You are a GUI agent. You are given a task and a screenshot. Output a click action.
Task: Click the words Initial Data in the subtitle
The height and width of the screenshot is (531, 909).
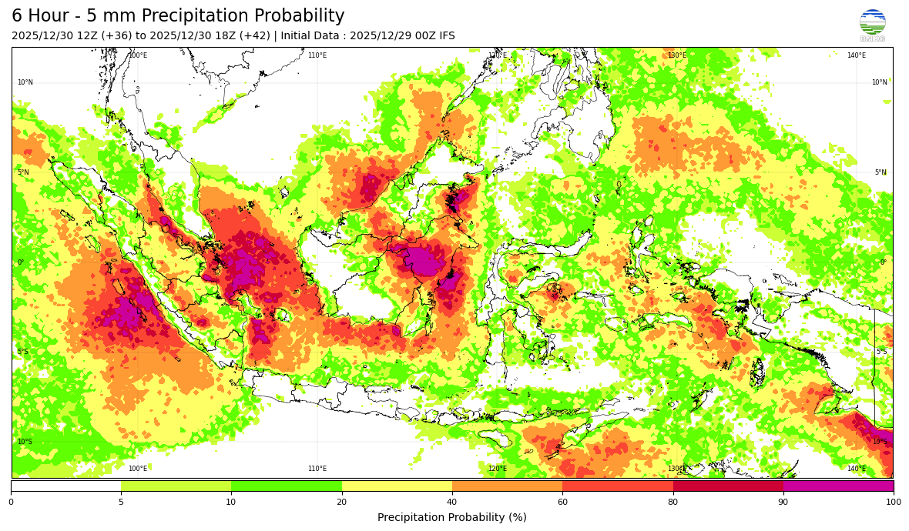(314, 36)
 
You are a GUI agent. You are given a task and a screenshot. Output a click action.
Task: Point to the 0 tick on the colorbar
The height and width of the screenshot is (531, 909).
(11, 502)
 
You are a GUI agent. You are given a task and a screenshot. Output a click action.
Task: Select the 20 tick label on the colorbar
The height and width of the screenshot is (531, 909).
(341, 502)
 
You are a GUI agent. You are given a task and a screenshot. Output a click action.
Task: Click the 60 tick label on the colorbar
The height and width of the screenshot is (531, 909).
(562, 502)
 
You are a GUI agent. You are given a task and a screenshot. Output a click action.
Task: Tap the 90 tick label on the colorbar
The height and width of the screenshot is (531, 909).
(783, 502)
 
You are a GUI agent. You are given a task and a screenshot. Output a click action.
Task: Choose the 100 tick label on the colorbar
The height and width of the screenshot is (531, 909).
(893, 502)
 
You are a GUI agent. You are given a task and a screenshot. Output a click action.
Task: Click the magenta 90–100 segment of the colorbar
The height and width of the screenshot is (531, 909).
(838, 486)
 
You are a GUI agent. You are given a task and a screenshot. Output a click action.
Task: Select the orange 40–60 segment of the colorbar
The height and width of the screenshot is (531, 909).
(507, 486)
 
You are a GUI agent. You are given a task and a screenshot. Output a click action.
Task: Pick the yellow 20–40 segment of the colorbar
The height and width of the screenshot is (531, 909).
(397, 486)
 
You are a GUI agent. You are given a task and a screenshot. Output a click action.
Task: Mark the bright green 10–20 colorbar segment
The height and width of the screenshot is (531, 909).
(287, 486)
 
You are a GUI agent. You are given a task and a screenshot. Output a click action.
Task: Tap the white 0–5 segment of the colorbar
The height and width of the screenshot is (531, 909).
(65, 486)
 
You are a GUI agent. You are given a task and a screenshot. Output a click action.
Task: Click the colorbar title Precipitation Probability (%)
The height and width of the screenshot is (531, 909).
(452, 517)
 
